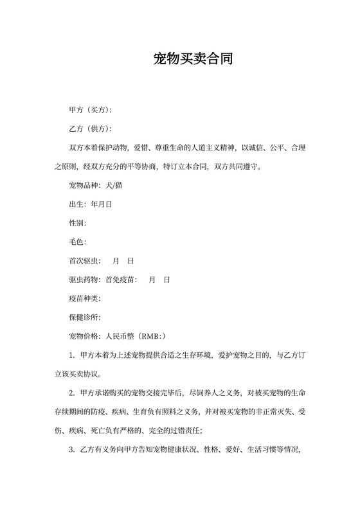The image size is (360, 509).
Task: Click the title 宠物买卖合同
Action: pyautogui.click(x=193, y=60)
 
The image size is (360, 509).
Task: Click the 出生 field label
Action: pyautogui.click(x=76, y=204)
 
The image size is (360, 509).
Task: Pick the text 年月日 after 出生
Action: pyautogui.click(x=102, y=204)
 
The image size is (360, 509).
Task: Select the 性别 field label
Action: pyautogui.click(x=76, y=223)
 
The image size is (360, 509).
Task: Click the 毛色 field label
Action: pyautogui.click(x=76, y=242)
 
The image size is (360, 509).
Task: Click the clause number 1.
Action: pyautogui.click(x=71, y=355)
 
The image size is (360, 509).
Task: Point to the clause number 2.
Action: pyautogui.click(x=71, y=393)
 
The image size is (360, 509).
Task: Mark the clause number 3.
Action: pyautogui.click(x=71, y=449)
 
